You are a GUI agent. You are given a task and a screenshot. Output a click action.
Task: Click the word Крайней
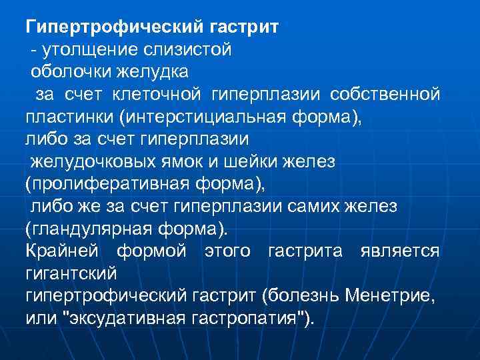point(62,251)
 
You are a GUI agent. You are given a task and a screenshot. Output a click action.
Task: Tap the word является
point(399,251)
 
